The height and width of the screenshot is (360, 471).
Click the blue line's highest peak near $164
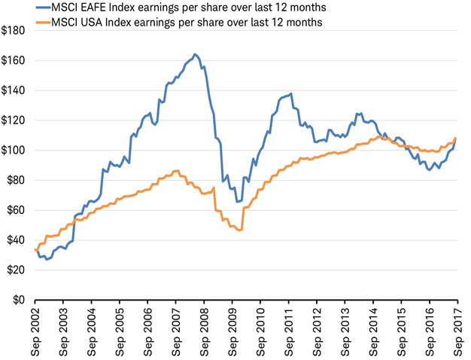[195, 54]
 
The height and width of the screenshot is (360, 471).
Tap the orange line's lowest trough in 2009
[240, 230]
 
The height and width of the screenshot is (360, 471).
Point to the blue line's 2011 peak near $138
[290, 93]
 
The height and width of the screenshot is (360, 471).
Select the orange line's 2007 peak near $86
[176, 171]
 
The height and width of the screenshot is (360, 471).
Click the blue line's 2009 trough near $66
[238, 201]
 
